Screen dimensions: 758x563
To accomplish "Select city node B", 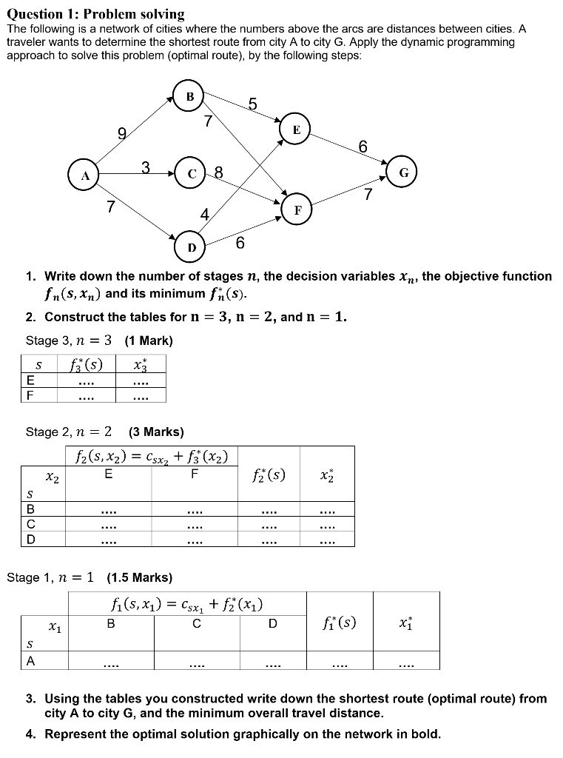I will pos(190,96).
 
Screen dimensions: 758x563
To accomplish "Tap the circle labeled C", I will pos(192,175).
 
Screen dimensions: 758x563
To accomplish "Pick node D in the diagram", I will pos(192,246).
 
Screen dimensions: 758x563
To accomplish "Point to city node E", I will pos(296,130).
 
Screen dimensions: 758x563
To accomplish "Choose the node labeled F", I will pos(297,209).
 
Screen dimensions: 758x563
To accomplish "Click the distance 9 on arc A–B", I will pos(121,135).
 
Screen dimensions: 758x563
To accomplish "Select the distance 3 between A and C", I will pos(146,168).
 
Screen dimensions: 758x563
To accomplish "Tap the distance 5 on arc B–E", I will pos(252,105).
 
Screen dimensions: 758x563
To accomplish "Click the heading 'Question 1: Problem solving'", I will pos(95,14).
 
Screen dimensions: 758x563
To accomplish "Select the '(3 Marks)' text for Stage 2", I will pos(156,432).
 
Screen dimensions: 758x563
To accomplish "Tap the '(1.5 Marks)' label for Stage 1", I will pos(140,577).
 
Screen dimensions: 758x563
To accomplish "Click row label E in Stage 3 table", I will pos(30,380).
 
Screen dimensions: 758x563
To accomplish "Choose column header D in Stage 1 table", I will pos(272,624).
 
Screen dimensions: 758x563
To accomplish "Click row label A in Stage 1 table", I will pos(30,662).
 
